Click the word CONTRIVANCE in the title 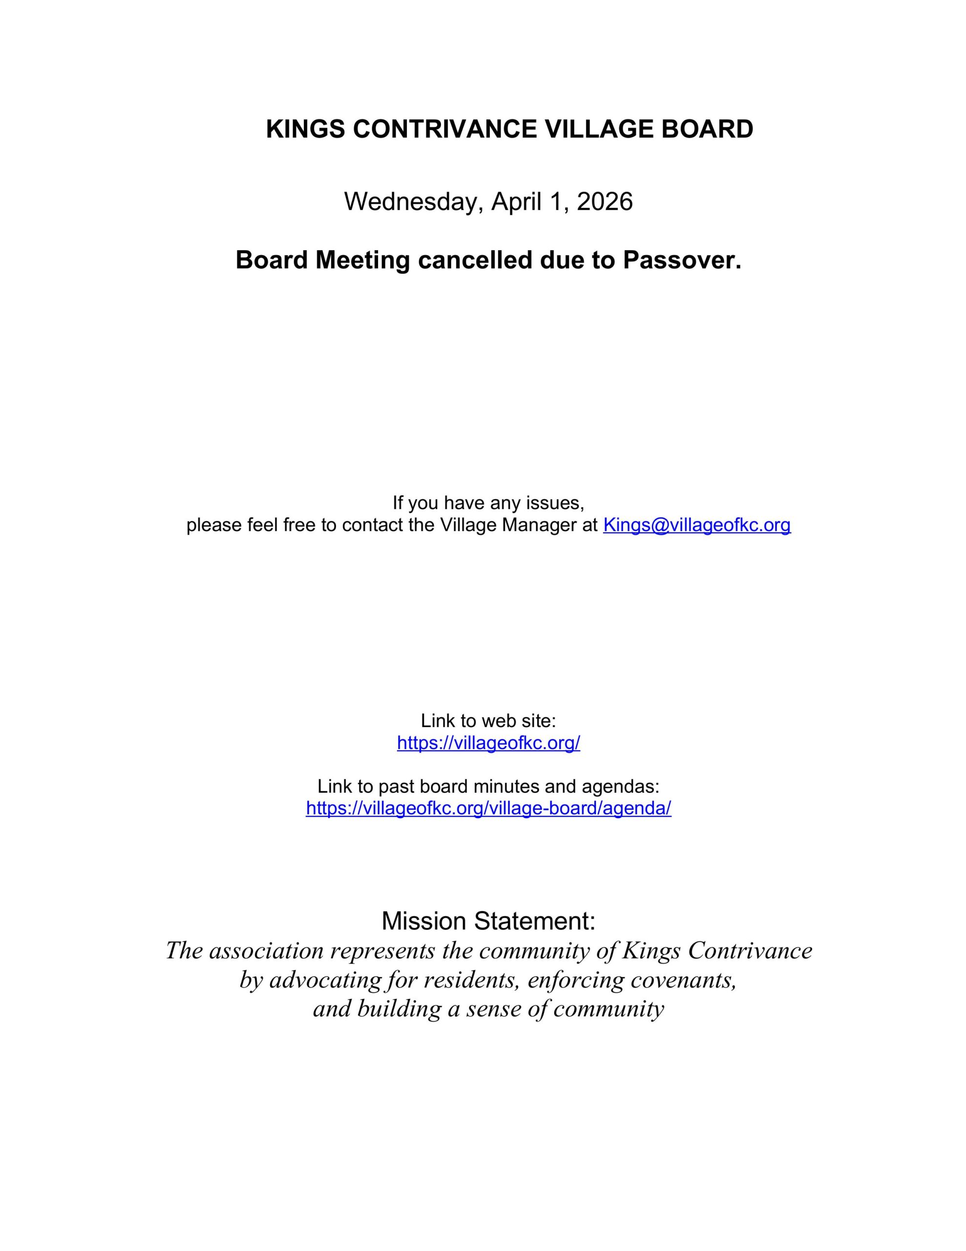click(x=445, y=129)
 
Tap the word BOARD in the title click(x=707, y=129)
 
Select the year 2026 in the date click(x=604, y=202)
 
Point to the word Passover click(x=682, y=260)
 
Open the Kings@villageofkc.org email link click(x=696, y=525)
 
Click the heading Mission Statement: click(x=488, y=921)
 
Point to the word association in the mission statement click(x=266, y=951)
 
